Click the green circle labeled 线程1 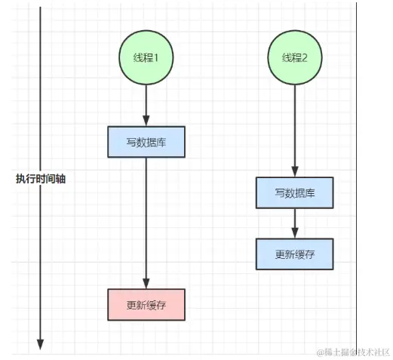click(x=146, y=58)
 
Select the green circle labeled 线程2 click(x=294, y=58)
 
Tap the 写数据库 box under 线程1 click(x=146, y=142)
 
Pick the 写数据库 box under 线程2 click(x=294, y=193)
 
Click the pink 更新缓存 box click(x=146, y=305)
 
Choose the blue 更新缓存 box click(x=294, y=254)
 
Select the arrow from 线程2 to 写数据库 click(x=294, y=128)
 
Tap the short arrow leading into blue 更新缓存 click(x=294, y=223)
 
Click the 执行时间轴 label click(x=41, y=180)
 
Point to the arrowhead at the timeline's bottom click(x=40, y=346)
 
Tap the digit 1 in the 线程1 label click(x=157, y=58)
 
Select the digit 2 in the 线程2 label click(x=305, y=58)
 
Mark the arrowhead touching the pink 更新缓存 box click(x=146, y=283)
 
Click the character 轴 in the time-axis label click(x=60, y=180)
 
